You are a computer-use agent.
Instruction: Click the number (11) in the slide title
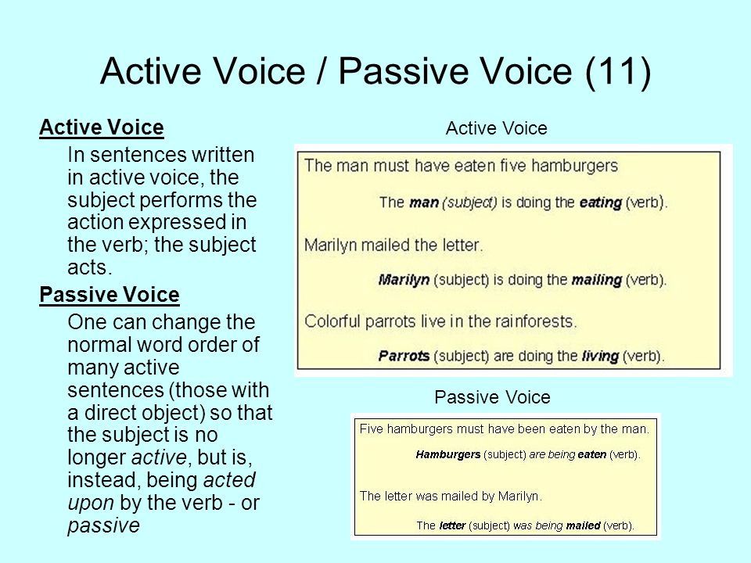coord(618,72)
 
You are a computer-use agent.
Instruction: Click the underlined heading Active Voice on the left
coord(102,127)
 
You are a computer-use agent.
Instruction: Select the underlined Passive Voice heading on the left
coord(110,295)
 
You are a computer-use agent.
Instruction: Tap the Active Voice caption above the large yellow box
coord(496,128)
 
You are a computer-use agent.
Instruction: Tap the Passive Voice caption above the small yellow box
coord(492,397)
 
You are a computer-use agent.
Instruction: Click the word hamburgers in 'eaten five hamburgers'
coord(575,166)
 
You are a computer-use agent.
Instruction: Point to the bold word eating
coord(601,203)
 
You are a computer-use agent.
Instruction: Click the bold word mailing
coord(597,280)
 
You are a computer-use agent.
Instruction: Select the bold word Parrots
coord(404,357)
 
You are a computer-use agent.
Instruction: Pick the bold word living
coord(600,357)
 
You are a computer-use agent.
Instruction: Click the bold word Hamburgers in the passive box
coord(448,454)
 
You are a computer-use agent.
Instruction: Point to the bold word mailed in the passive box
coord(583,525)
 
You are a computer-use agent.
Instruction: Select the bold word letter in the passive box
coord(452,525)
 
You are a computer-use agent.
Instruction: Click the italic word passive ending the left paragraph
coord(103,525)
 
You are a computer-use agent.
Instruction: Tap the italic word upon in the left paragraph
coord(91,504)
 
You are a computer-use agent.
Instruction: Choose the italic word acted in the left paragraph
coord(229,480)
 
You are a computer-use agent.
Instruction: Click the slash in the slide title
coord(322,72)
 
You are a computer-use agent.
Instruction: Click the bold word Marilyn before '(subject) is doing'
coord(404,280)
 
